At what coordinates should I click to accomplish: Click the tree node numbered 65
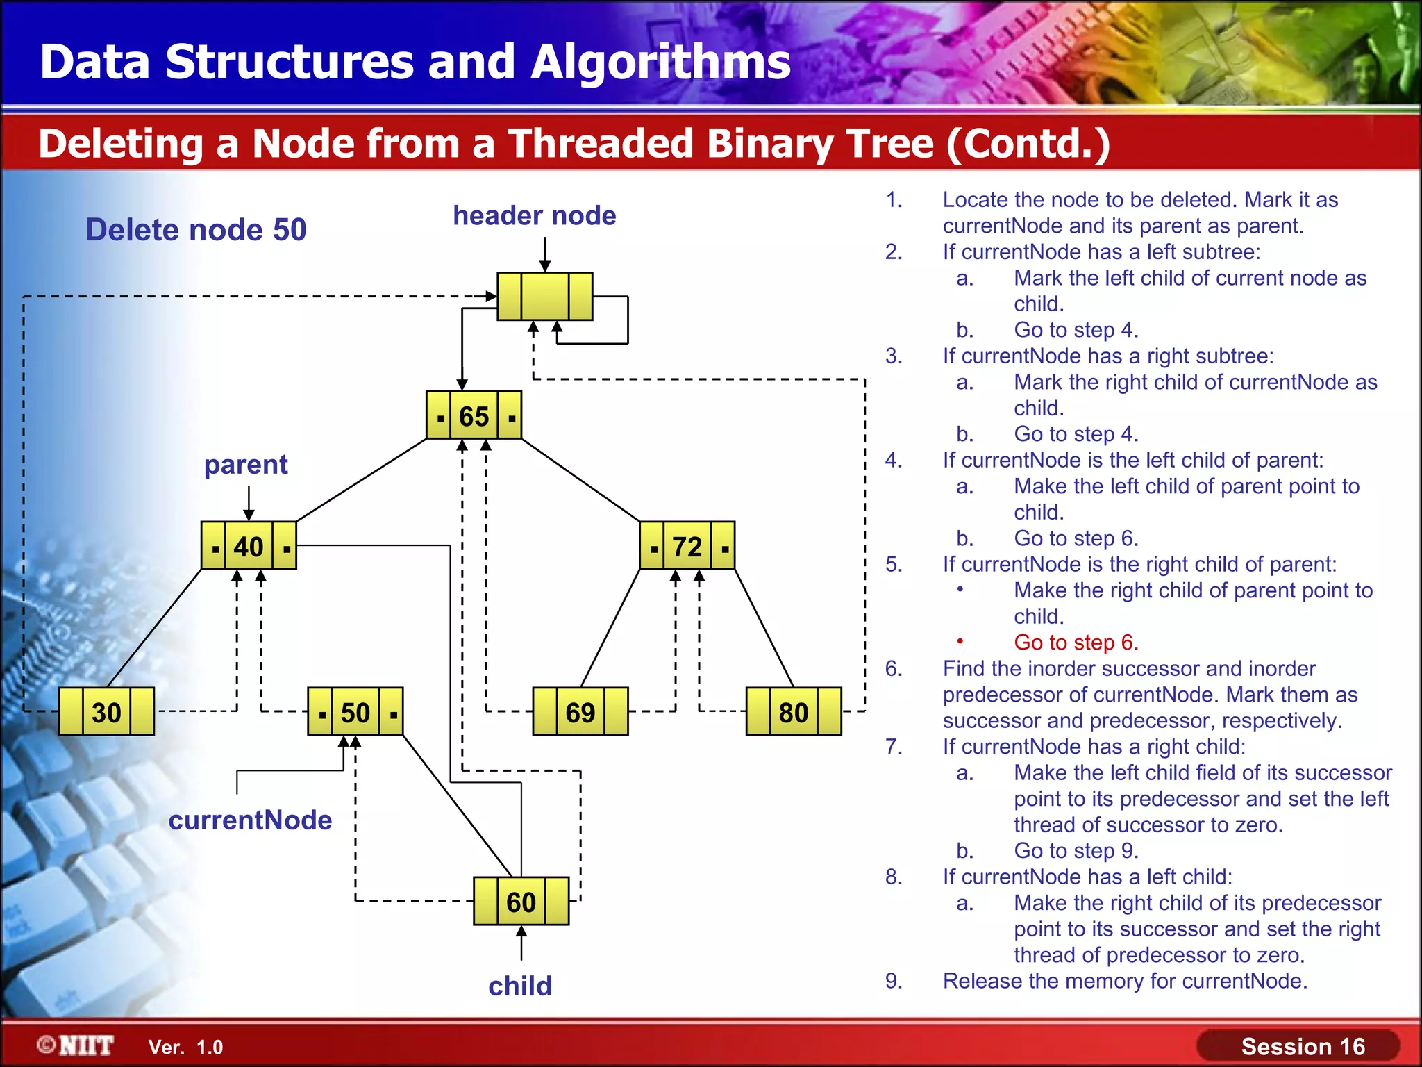[x=474, y=415]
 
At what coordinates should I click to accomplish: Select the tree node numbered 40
[x=249, y=546]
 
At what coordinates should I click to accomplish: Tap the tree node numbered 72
[x=687, y=546]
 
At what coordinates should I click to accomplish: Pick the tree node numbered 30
[x=106, y=712]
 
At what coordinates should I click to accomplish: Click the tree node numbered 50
[x=355, y=712]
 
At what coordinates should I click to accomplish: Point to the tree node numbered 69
[x=580, y=712]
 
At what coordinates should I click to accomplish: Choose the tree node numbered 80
[x=793, y=712]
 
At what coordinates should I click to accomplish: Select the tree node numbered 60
[x=521, y=902]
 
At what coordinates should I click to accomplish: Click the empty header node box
[x=545, y=297]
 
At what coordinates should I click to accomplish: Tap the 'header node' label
[x=534, y=215]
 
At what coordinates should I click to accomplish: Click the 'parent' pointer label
[x=246, y=464]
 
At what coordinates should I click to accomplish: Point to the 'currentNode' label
[x=250, y=820]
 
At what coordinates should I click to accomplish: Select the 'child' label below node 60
[x=520, y=986]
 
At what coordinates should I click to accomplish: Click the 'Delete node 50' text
[x=196, y=230]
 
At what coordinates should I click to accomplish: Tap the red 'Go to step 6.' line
[x=1076, y=643]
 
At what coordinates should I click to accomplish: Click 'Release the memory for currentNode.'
[x=1125, y=981]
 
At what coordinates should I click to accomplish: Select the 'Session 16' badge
[x=1303, y=1046]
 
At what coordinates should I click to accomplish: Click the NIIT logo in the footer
[x=76, y=1045]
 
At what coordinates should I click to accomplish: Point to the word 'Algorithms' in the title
[x=660, y=62]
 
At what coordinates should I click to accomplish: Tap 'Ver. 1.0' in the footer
[x=185, y=1048]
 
